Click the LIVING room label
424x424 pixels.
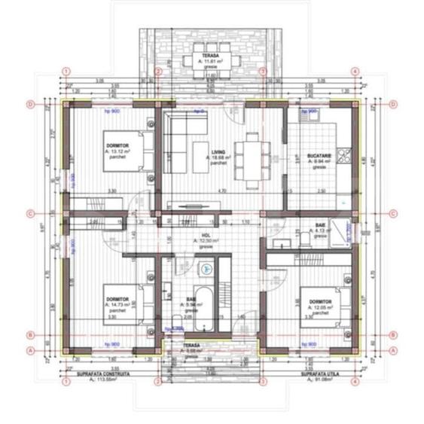[x=218, y=151]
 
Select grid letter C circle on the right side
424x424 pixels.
[x=392, y=213]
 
